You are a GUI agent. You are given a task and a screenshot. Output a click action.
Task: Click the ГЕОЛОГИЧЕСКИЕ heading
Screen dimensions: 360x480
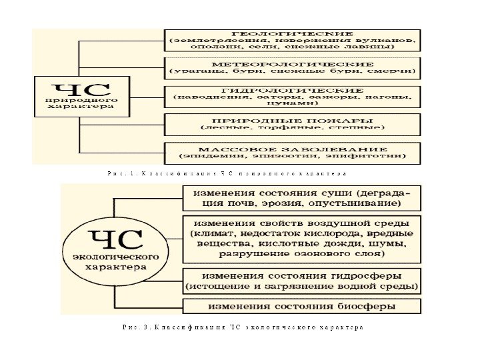(291, 34)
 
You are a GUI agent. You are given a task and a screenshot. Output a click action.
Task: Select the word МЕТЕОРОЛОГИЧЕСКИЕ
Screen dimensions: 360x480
(292, 61)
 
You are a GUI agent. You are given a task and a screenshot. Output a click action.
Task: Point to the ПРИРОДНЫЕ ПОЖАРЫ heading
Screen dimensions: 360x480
(292, 119)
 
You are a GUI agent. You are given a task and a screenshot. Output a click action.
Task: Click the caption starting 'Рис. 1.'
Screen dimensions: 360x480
(227, 173)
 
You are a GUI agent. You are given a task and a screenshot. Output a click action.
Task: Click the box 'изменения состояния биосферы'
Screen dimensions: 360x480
(301, 307)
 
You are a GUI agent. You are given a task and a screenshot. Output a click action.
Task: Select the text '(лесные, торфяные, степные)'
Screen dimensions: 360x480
(292, 127)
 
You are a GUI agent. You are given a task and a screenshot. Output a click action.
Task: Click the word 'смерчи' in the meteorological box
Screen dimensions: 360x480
(397, 69)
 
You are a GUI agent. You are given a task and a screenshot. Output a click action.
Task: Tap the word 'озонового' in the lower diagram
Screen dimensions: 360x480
(320, 255)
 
